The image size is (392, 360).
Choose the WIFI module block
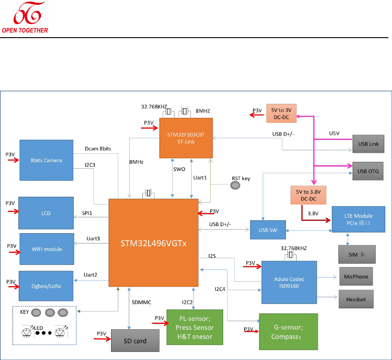tap(47, 249)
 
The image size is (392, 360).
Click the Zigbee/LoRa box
tap(46, 286)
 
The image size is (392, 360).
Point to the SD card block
tap(135, 341)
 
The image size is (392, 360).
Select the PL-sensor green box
tap(194, 327)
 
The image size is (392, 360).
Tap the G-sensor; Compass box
tap(289, 331)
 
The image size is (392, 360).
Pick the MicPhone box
tap(357, 277)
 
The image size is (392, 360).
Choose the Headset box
tap(356, 299)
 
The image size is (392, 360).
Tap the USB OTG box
tap(368, 171)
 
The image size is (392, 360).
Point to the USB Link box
tap(368, 144)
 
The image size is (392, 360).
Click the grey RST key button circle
tap(236, 185)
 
